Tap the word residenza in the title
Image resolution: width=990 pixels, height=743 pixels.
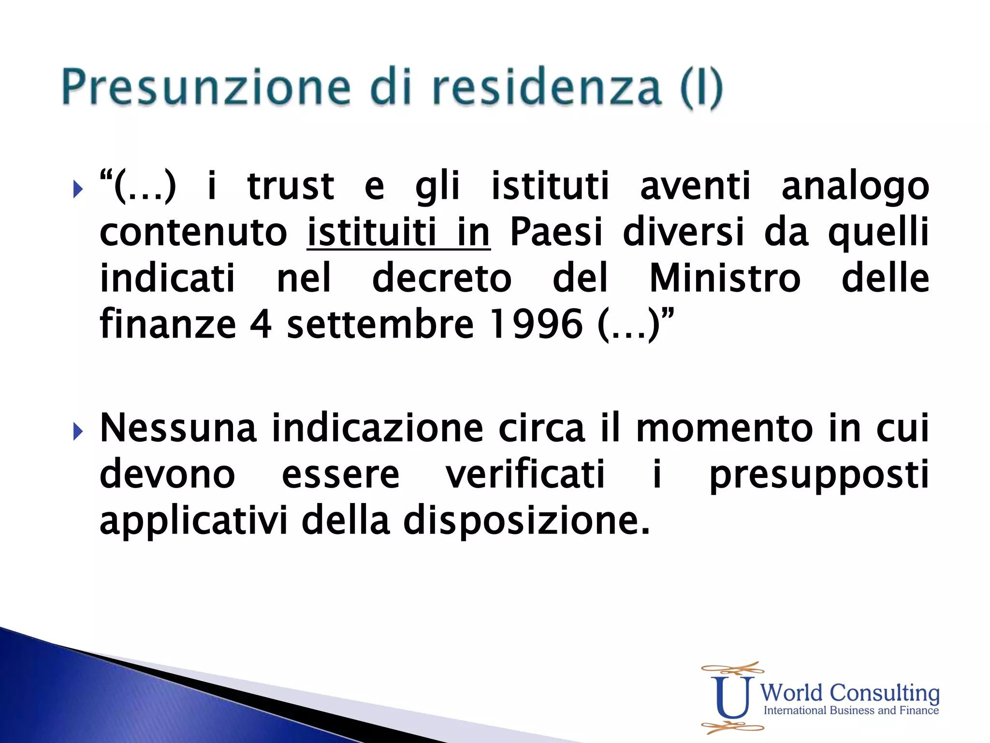coord(546,87)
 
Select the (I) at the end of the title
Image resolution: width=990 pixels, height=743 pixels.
coord(701,88)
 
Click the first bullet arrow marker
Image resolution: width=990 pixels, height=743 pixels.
coord(77,189)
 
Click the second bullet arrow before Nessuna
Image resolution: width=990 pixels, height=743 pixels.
coord(77,431)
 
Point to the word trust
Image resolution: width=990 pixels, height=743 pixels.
coord(291,187)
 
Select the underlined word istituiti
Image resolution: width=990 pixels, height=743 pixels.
coord(372,233)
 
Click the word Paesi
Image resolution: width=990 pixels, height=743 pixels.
coord(556,233)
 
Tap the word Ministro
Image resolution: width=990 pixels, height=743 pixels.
coord(725,279)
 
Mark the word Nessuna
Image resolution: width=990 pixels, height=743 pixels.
coord(177,429)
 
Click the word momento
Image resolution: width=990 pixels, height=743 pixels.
coord(724,429)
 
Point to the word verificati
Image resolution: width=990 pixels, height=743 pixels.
coord(525,475)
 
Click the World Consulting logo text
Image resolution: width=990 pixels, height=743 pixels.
coord(850,693)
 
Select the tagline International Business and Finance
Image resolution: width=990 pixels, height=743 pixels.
coord(851,711)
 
